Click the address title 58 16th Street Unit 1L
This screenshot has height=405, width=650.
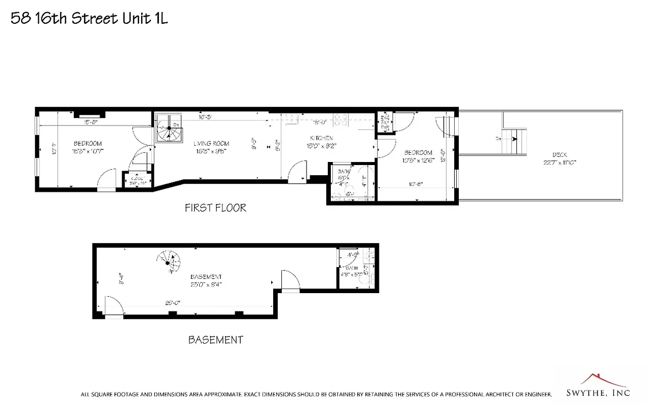click(89, 19)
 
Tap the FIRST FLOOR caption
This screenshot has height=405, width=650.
click(215, 208)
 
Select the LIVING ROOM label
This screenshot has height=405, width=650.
click(211, 143)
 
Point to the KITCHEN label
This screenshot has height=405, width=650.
click(321, 138)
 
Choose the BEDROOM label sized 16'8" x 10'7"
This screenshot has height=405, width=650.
click(88, 143)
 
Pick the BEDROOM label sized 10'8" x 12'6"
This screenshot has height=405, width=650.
click(418, 152)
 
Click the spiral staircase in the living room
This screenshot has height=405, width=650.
click(168, 129)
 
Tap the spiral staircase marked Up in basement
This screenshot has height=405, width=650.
click(170, 262)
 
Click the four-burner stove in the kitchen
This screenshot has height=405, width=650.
click(341, 120)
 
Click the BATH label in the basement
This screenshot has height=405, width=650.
click(351, 269)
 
